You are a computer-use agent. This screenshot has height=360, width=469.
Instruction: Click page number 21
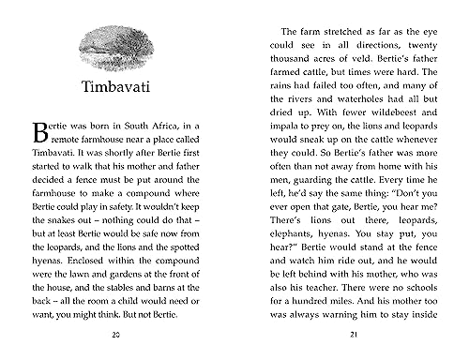pos(352,336)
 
